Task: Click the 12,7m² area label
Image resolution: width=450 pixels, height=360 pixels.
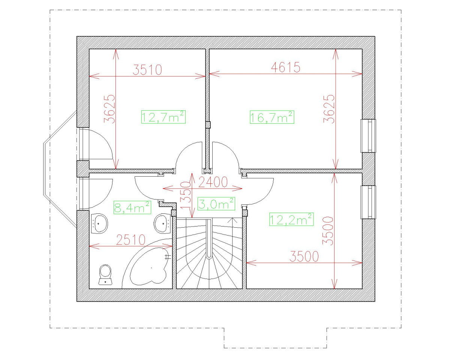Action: coord(163,117)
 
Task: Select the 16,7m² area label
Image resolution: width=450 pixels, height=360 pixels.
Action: coord(272,117)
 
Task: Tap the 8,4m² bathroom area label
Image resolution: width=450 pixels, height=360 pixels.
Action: coord(132,207)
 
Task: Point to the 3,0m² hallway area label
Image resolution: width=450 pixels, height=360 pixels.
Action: coord(216,204)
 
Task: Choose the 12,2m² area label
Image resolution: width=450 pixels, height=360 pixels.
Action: coord(291,219)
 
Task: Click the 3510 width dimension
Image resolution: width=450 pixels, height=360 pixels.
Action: coord(147,70)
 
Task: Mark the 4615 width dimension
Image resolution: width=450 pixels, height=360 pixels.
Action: coord(286,67)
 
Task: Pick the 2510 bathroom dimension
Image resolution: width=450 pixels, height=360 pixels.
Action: coord(131,240)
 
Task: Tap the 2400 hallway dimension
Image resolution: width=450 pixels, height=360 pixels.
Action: coord(213,182)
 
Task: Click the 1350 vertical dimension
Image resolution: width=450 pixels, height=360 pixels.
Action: coord(186,195)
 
